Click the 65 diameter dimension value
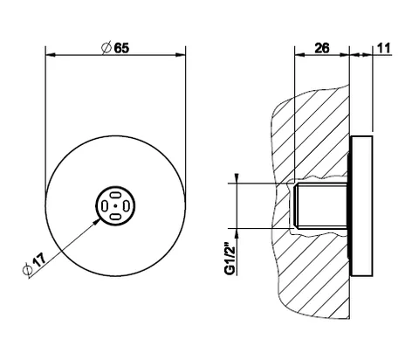121,48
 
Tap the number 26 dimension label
322,48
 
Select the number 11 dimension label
383,48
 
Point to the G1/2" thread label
230,260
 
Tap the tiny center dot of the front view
115,206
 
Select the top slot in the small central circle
115,195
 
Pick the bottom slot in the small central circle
115,217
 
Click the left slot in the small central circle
104,206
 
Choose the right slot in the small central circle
127,206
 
